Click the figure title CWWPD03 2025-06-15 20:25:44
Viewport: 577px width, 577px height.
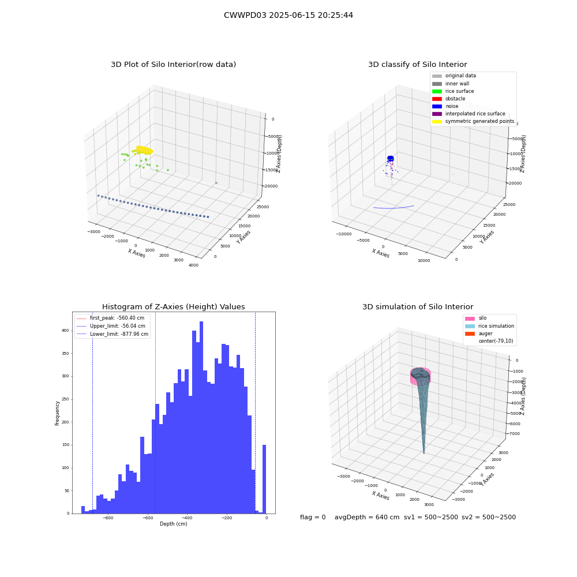coord(288,15)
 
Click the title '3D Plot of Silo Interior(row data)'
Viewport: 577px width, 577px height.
coord(173,65)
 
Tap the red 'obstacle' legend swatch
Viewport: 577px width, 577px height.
coord(437,99)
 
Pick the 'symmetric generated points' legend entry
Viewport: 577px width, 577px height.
coord(473,121)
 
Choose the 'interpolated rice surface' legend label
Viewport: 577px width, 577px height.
coord(475,114)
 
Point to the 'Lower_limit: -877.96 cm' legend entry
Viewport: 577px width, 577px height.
coord(113,334)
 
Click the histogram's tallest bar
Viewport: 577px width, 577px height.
coord(201,418)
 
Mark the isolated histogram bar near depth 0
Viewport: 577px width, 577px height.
coord(264,479)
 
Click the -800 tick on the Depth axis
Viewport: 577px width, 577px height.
coord(108,518)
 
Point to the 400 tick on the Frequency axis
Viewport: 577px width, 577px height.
coord(65,331)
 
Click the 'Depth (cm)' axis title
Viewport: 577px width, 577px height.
coord(174,524)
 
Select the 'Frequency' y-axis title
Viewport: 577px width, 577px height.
coord(57,413)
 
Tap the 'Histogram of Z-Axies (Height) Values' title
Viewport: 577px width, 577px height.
coord(173,307)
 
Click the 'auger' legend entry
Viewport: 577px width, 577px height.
coord(479,334)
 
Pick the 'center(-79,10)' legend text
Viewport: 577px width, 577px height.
coord(496,341)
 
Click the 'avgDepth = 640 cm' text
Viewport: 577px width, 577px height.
coord(367,517)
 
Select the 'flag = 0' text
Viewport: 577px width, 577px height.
coord(313,517)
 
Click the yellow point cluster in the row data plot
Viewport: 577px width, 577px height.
coord(144,150)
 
